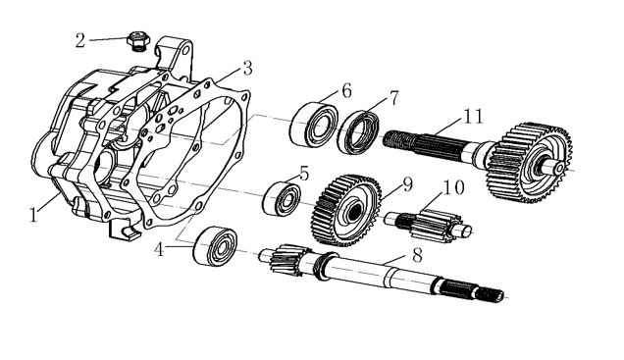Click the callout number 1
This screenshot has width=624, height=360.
pyautogui.click(x=33, y=215)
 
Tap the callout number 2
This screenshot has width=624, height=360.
pyautogui.click(x=80, y=40)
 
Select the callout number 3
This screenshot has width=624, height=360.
pyautogui.click(x=247, y=69)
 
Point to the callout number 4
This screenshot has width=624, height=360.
pyautogui.click(x=159, y=249)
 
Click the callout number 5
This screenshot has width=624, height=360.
pyautogui.click(x=304, y=174)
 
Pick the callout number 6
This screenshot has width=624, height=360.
pyautogui.click(x=346, y=91)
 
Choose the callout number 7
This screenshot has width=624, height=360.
pyautogui.click(x=393, y=98)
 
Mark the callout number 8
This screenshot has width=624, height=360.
pyautogui.click(x=417, y=256)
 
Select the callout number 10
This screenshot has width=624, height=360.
pyautogui.click(x=453, y=187)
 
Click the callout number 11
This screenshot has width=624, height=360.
pyautogui.click(x=473, y=117)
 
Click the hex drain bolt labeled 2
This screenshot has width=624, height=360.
pyautogui.click(x=138, y=42)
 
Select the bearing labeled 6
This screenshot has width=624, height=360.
pyautogui.click(x=314, y=125)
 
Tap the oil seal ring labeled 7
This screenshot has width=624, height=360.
pyautogui.click(x=358, y=132)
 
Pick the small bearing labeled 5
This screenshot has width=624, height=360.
pyautogui.click(x=283, y=199)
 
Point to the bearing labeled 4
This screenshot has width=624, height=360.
pyautogui.click(x=215, y=246)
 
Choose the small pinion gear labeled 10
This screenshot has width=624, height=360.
pyautogui.click(x=429, y=225)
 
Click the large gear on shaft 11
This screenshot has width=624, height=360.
pyautogui.click(x=530, y=162)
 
